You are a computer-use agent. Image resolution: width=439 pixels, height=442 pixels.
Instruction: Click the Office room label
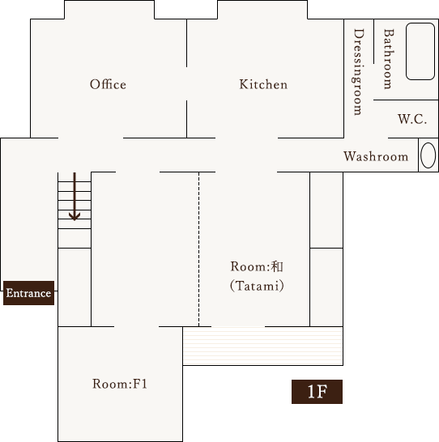tap(108, 84)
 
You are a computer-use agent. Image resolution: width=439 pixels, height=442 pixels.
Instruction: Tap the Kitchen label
tap(263, 84)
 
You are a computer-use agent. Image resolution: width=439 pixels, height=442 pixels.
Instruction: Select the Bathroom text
tap(388, 58)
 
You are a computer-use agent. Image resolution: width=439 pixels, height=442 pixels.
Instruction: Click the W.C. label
tap(411, 119)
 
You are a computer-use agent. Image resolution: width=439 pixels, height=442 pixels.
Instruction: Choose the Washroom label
tap(376, 156)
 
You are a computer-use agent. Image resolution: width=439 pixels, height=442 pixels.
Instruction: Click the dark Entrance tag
tap(29, 293)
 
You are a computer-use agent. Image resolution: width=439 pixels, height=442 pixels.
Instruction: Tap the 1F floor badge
tap(317, 392)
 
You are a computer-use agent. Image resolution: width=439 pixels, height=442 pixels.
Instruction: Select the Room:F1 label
tap(119, 384)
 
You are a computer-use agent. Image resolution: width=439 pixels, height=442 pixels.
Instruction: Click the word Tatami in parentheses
tap(257, 286)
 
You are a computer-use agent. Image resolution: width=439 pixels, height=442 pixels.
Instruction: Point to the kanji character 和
tap(276, 266)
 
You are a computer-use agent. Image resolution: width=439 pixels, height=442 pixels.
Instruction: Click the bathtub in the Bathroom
tap(420, 52)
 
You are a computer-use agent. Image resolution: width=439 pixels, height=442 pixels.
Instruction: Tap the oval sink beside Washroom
tap(428, 156)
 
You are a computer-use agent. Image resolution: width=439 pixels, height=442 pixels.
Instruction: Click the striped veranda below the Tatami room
tap(262, 346)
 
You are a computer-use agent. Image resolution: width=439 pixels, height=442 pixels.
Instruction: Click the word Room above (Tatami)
tap(246, 266)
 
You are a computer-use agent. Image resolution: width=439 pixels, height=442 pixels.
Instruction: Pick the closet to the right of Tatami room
tap(326, 286)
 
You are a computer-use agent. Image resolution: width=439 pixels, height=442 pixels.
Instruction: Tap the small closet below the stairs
tap(75, 287)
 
